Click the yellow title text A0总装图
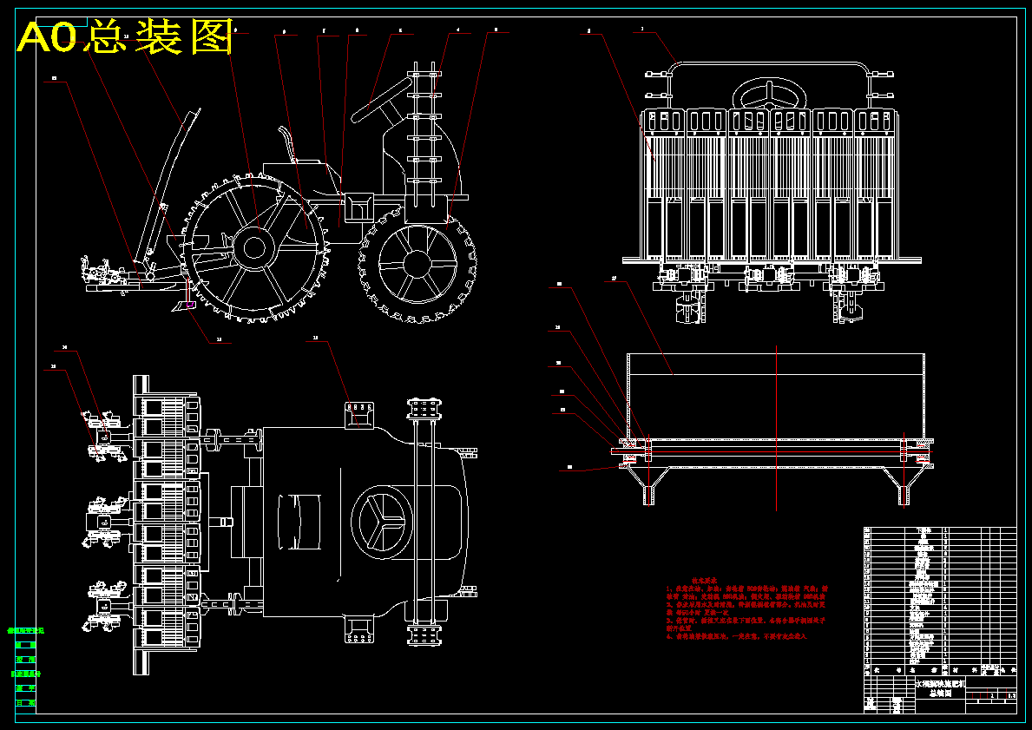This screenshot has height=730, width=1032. (x=126, y=37)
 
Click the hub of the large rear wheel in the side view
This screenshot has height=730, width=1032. (x=254, y=247)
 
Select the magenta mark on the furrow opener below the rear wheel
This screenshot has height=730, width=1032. (x=189, y=304)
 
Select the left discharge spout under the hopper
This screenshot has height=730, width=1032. (x=647, y=491)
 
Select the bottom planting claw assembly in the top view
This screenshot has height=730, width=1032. (x=102, y=607)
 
